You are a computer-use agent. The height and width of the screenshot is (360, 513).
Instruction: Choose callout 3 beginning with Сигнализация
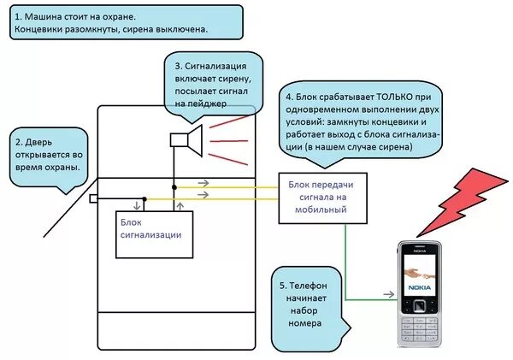pyautogui.click(x=212, y=84)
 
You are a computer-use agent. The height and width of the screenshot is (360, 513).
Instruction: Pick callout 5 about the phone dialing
pyautogui.click(x=310, y=303)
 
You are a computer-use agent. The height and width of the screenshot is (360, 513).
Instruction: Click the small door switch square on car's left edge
pyautogui.click(x=92, y=199)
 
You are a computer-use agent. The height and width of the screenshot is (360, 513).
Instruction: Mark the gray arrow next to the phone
pyautogui.click(x=388, y=293)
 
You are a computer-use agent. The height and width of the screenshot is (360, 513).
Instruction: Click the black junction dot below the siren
pyautogui.click(x=174, y=186)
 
